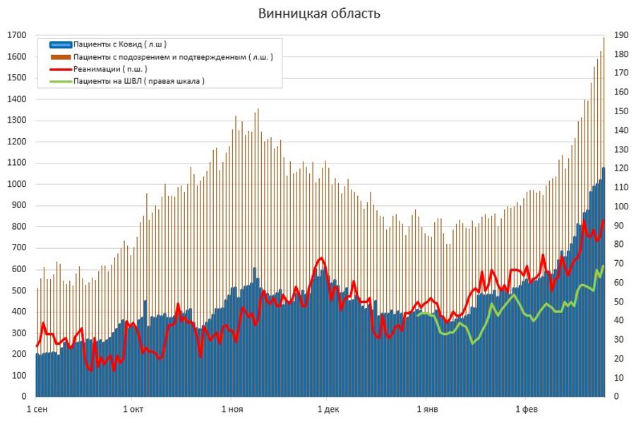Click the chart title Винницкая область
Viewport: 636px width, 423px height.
pyautogui.click(x=319, y=13)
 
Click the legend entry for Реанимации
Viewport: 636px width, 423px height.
pyautogui.click(x=110, y=69)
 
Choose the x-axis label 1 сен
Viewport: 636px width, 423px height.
pyautogui.click(x=38, y=409)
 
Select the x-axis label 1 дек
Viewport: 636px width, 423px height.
pyautogui.click(x=327, y=409)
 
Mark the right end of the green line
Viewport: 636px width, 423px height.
pyautogui.click(x=604, y=266)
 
